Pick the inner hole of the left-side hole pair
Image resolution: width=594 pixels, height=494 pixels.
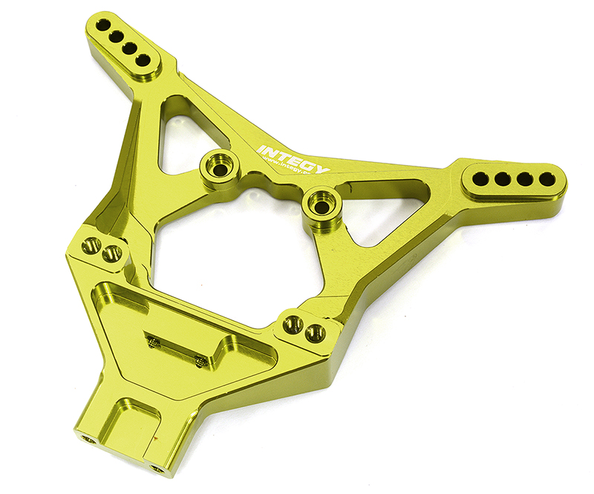(113, 253)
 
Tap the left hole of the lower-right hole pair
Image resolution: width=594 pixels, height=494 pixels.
(294, 324)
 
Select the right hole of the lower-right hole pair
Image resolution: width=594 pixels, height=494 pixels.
(315, 332)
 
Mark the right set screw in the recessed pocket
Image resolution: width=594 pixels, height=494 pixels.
(200, 361)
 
